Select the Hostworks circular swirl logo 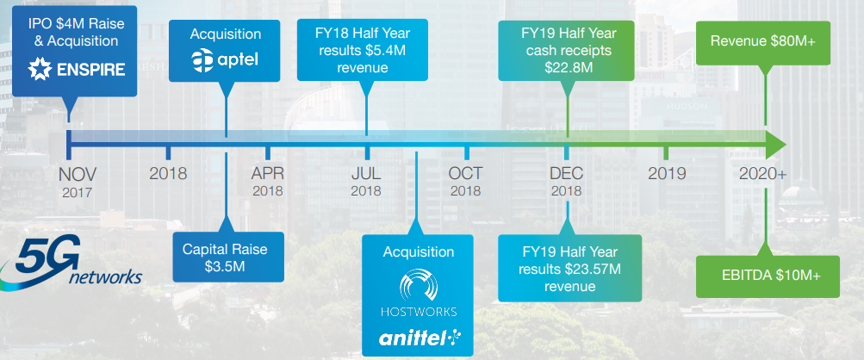coord(419,284)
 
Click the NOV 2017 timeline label coord(78,183)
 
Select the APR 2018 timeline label coord(268,182)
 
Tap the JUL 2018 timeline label coord(366,182)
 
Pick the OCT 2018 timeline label coord(466,182)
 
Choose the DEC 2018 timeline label coord(566,182)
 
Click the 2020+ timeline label coord(762,174)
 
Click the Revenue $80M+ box coord(763,43)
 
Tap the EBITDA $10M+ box coord(768,276)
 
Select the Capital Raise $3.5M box coord(228,257)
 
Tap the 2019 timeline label coord(667,174)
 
